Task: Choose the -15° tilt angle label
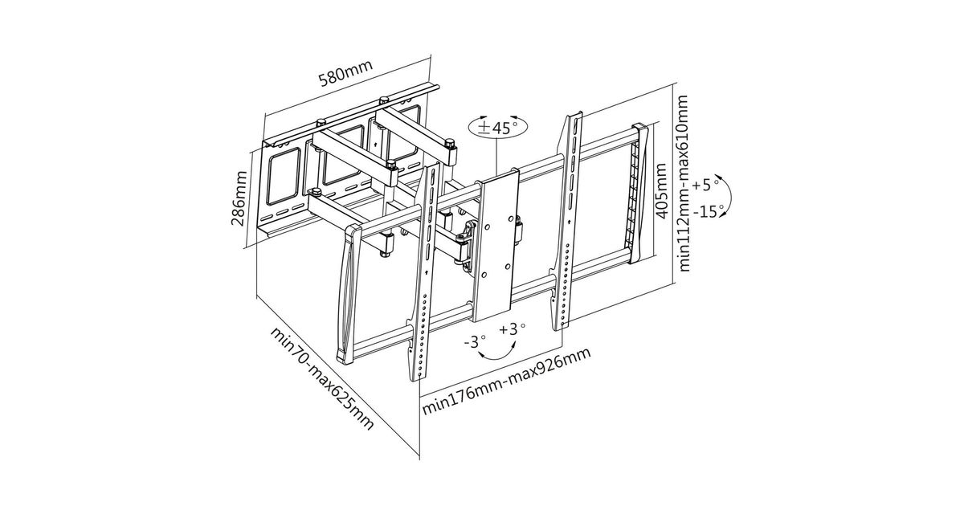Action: pos(707,211)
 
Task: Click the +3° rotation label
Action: pos(512,329)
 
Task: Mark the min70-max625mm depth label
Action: pos(322,377)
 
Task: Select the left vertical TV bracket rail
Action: pos(423,273)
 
